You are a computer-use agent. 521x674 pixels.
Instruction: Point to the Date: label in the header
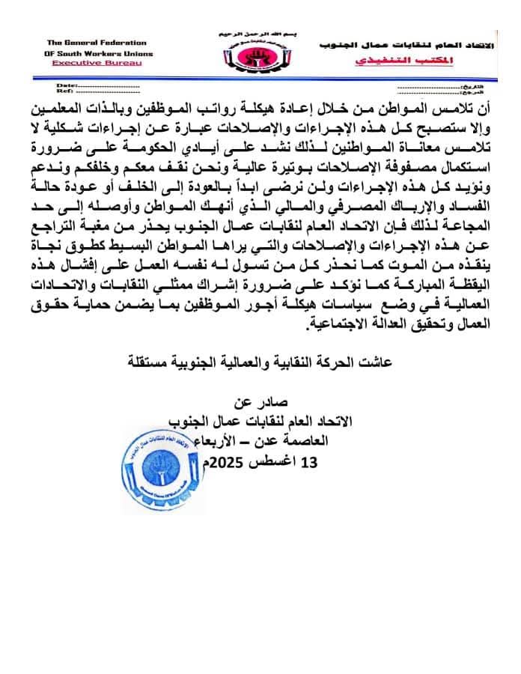[x=66, y=87]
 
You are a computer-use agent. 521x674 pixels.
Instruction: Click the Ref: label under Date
[x=64, y=93]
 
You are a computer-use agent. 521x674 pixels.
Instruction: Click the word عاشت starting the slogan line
[x=383, y=362]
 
